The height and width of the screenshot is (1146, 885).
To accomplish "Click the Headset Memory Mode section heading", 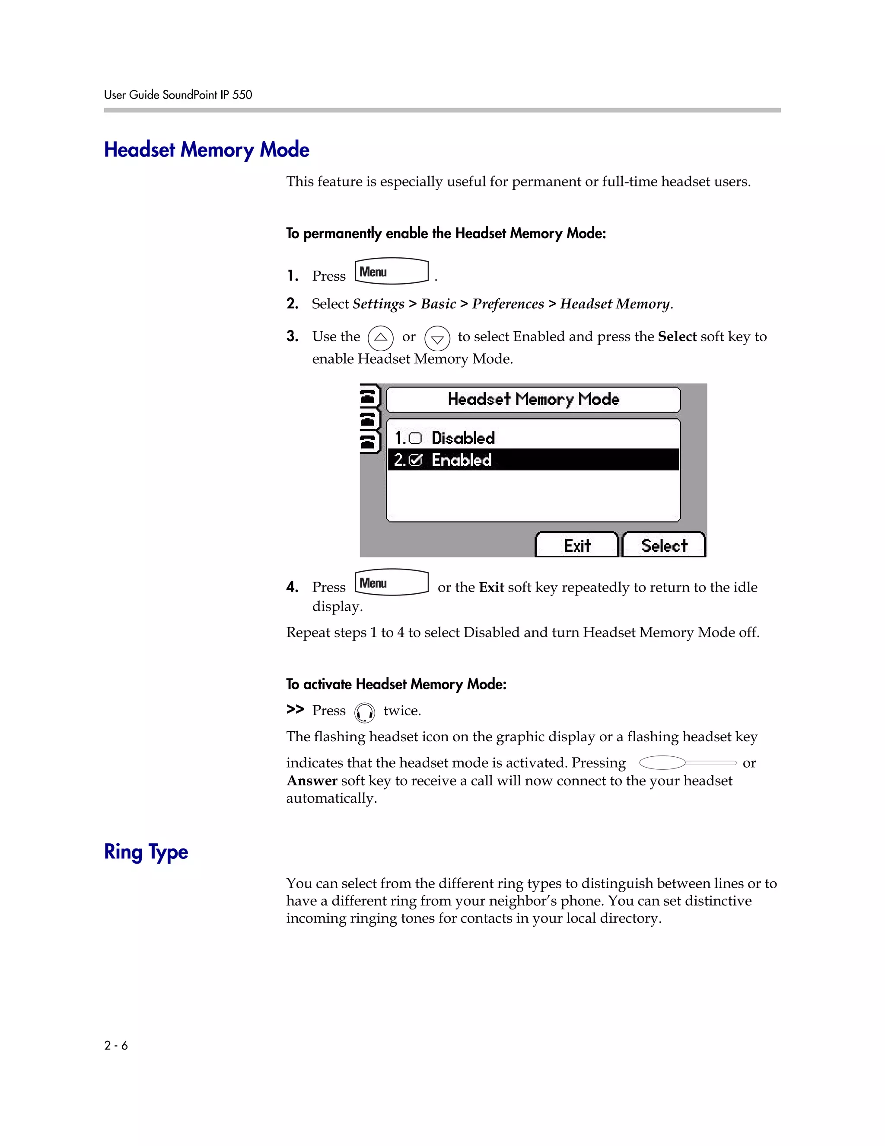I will click(207, 150).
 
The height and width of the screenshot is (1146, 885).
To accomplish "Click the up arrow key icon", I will click(381, 337).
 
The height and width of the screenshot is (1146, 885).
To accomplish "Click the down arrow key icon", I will click(437, 339).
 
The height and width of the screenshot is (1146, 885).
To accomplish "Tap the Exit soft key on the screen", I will click(577, 546).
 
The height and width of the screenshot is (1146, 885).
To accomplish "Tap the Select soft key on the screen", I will click(664, 546).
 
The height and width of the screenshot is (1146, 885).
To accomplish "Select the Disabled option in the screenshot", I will click(463, 438).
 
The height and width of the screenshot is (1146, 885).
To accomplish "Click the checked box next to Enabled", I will click(415, 460).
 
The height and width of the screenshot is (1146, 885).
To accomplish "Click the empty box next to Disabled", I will click(415, 438).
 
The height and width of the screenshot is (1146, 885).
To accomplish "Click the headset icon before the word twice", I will click(364, 713).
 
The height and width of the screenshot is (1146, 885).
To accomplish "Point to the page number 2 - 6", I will click(116, 1045).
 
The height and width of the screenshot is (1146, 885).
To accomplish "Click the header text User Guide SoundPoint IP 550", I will click(178, 95).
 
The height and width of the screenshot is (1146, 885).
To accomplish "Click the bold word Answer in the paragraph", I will click(312, 781).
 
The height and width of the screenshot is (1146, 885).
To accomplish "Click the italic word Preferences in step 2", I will click(507, 304).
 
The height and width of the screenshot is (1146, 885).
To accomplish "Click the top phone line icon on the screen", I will click(369, 396).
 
